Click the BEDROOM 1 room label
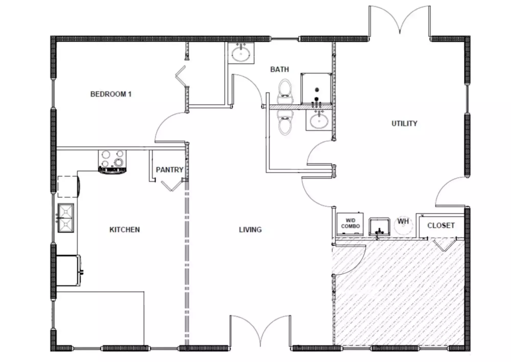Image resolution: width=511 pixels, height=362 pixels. tap(111, 94)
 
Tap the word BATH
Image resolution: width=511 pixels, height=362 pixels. tap(280, 69)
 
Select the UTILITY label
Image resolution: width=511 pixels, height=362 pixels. tap(404, 124)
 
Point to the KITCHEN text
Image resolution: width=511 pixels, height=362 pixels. tap(125, 230)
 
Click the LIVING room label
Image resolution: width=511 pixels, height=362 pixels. tap(250, 230)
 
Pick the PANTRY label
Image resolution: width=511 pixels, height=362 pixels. tap(170, 170)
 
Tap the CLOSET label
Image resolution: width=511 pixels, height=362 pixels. tap(441, 226)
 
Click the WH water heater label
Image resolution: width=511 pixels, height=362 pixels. tap(403, 221)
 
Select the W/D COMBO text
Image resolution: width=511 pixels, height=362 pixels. tap(351, 223)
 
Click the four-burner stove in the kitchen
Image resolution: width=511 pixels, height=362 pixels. tap(112, 162)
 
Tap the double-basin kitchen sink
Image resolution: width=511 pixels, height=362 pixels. tap(66, 218)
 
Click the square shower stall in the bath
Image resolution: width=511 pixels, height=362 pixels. tap(316, 89)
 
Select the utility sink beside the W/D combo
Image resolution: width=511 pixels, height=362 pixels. tap(379, 227)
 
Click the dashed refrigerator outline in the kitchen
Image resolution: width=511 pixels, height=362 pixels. tap(68, 187)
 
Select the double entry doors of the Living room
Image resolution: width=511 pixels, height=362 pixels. tap(260, 331)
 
